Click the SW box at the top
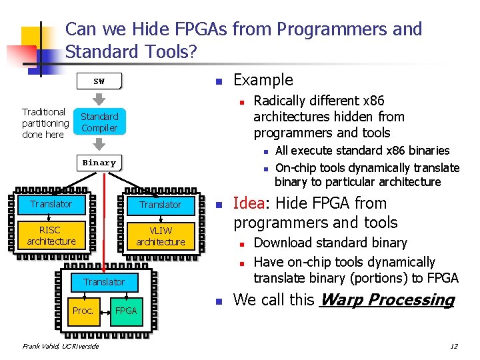pyautogui.click(x=99, y=81)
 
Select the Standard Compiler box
pyautogui.click(x=99, y=122)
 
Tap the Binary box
pyautogui.click(x=99, y=163)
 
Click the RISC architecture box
pyautogui.click(x=51, y=235)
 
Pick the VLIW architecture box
pyautogui.click(x=161, y=235)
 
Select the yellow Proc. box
pyautogui.click(x=83, y=311)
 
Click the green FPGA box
pyautogui.click(x=125, y=311)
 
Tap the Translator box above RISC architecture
pyautogui.click(x=51, y=204)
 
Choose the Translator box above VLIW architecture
pyautogui.click(x=161, y=204)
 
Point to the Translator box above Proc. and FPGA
pyautogui.click(x=104, y=282)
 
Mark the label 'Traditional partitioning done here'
pyautogui.click(x=45, y=123)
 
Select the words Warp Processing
pyautogui.click(x=387, y=300)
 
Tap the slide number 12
pyautogui.click(x=453, y=346)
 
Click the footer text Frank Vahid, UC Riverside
pyautogui.click(x=60, y=346)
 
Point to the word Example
pyautogui.click(x=263, y=80)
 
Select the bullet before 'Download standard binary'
pyautogui.click(x=244, y=243)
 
